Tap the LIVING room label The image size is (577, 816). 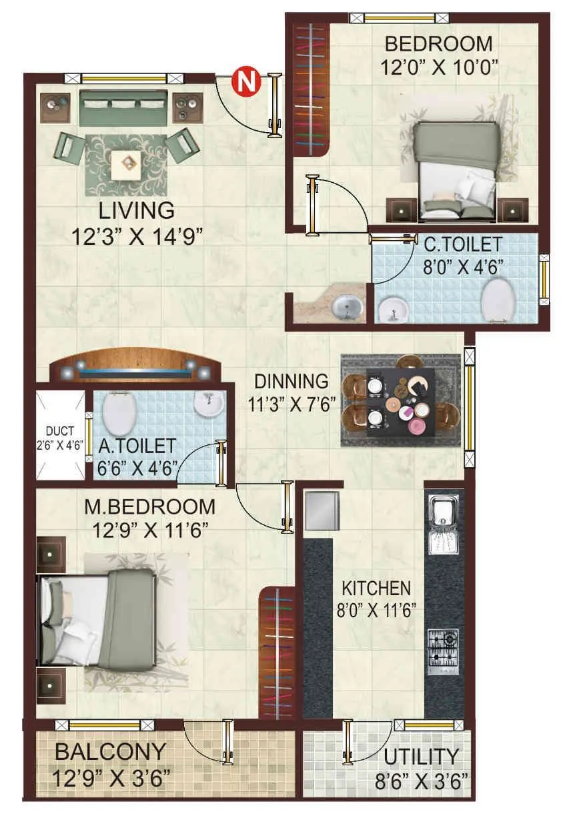click(x=137, y=210)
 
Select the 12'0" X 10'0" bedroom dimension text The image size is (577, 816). click(x=440, y=67)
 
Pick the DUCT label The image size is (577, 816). click(x=61, y=432)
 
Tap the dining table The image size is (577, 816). click(x=400, y=402)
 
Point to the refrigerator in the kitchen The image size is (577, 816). click(x=322, y=510)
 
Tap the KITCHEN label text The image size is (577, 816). click(x=376, y=588)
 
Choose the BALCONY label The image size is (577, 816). click(x=110, y=752)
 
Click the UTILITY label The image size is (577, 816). click(x=422, y=757)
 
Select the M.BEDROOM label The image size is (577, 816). click(x=149, y=507)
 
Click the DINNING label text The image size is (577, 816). click(x=292, y=382)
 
